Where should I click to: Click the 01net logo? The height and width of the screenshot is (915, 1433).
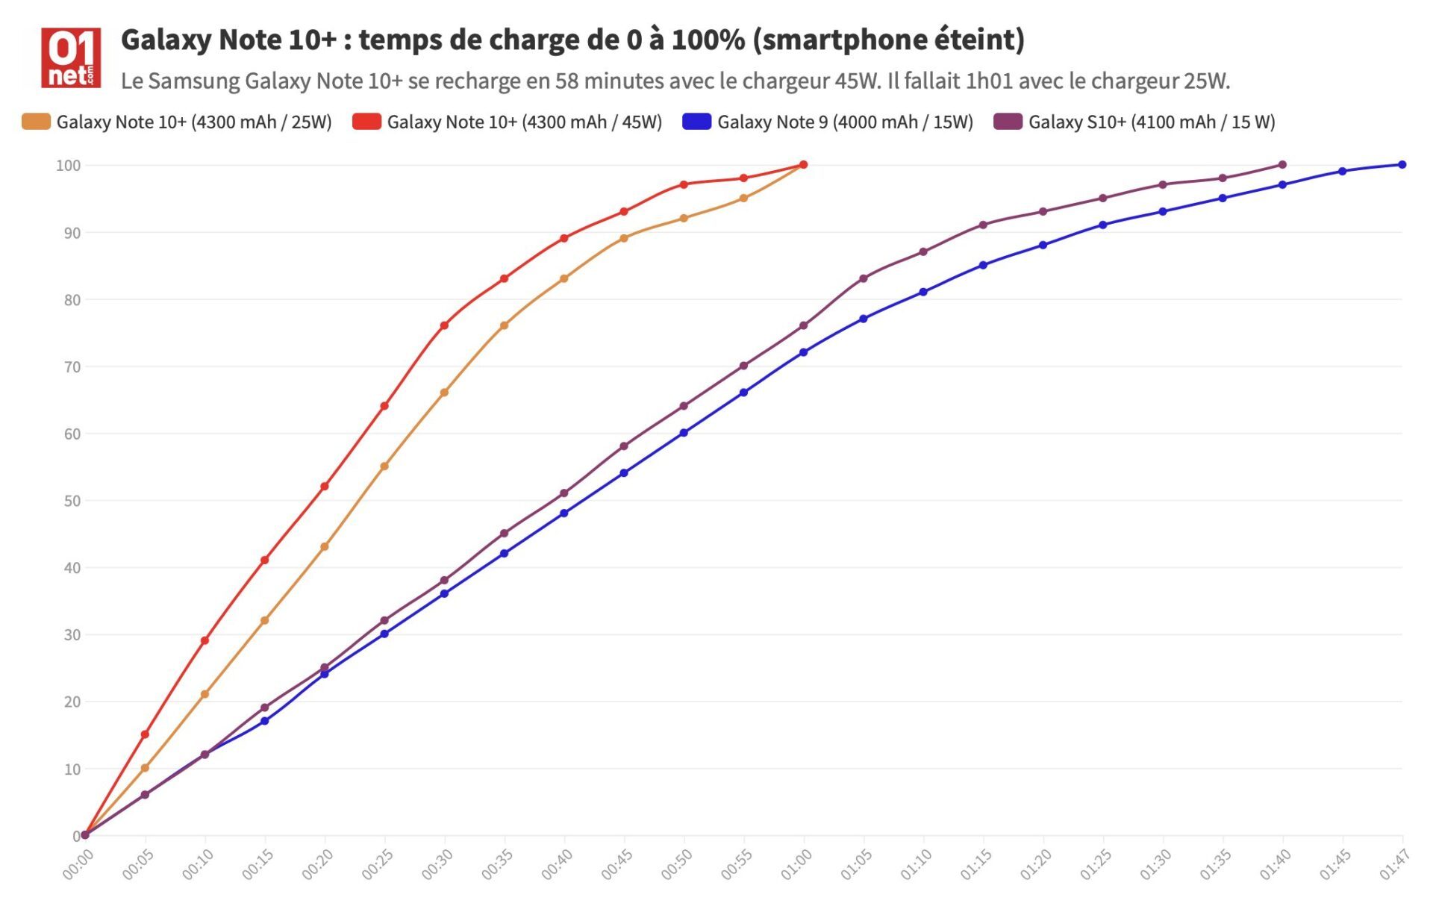(x=71, y=57)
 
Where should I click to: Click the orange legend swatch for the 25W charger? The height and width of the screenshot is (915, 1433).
(x=36, y=122)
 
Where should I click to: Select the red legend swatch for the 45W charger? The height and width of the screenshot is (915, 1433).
(x=366, y=122)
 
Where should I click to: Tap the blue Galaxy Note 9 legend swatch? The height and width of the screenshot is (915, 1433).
(x=696, y=122)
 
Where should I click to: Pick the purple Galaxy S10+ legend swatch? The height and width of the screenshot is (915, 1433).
(x=1008, y=122)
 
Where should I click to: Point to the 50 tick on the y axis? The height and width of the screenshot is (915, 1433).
(x=72, y=501)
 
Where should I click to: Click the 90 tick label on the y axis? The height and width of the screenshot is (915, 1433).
(x=72, y=233)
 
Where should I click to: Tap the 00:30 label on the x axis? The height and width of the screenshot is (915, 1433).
(x=437, y=865)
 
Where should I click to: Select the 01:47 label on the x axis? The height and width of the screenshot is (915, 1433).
(x=1393, y=865)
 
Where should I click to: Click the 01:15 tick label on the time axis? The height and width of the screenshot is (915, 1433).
(x=975, y=865)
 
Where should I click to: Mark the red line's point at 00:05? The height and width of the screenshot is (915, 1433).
(x=145, y=734)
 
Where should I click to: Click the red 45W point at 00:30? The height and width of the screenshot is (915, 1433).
(x=444, y=325)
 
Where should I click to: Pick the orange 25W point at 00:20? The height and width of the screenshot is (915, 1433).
(x=325, y=547)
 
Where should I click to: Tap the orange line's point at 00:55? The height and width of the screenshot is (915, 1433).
(x=743, y=199)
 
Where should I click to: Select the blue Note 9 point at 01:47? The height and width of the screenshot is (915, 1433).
(x=1402, y=165)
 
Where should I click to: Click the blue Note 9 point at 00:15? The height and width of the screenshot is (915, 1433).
(x=265, y=721)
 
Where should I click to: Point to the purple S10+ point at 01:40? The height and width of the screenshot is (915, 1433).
(x=1282, y=165)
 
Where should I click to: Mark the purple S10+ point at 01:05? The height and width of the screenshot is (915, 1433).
(x=864, y=278)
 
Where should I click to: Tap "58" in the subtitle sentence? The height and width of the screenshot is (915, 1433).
(x=567, y=81)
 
